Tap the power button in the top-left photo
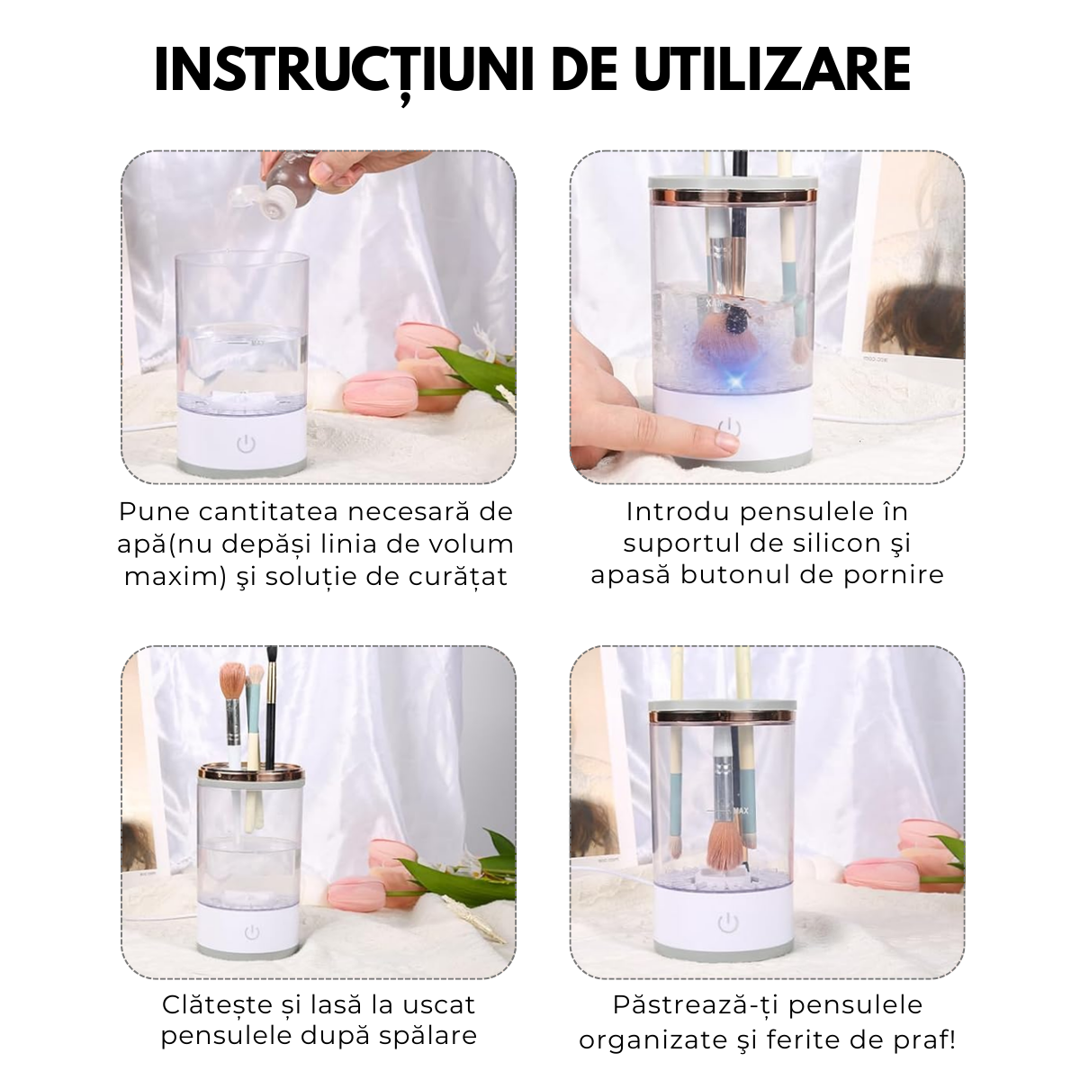tap(244, 444)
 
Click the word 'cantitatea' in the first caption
tap(269, 512)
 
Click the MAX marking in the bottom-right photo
tap(742, 811)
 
